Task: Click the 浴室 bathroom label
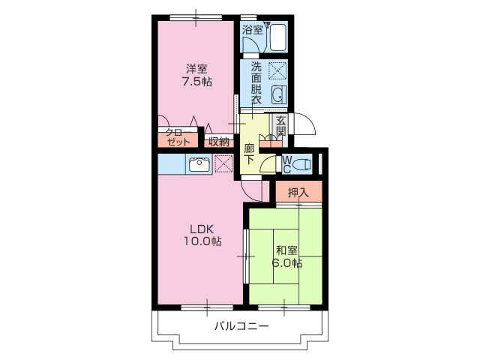[x=252, y=30]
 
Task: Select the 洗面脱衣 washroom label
[x=256, y=83]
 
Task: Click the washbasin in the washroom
[x=277, y=94]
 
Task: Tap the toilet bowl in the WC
[x=301, y=163]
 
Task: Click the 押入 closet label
[x=298, y=193]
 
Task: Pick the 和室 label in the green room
[x=285, y=250]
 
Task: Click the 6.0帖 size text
[x=287, y=263]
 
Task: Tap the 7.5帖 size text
[x=197, y=82]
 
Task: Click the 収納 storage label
[x=218, y=140]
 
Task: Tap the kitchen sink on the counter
[x=199, y=164]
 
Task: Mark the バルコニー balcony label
[x=241, y=326]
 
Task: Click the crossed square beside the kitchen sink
[x=223, y=163]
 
